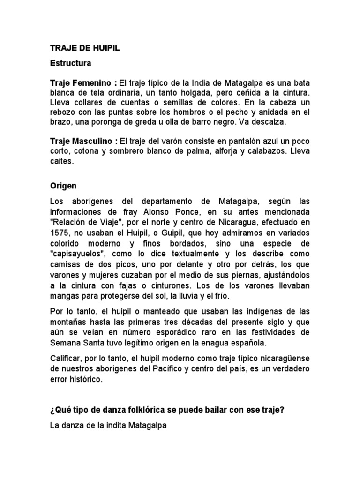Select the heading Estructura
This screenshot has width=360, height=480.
pyautogui.click(x=71, y=62)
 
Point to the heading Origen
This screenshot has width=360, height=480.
pyautogui.click(x=63, y=186)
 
